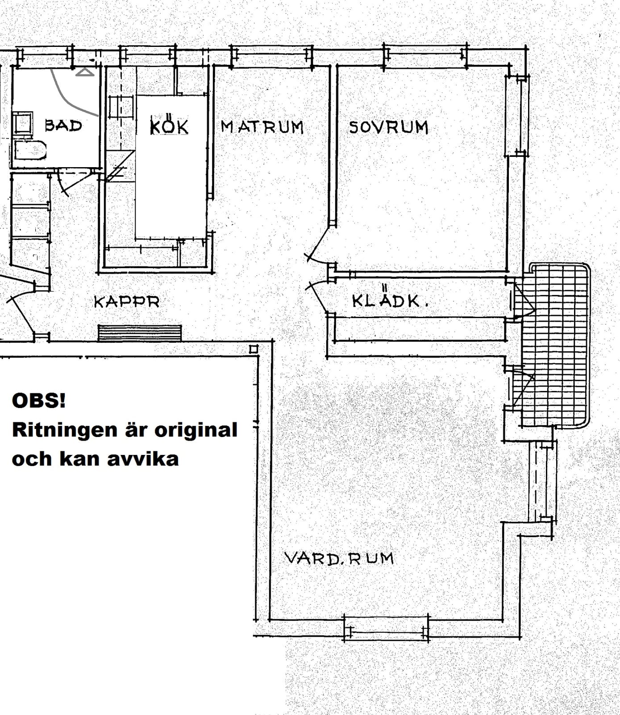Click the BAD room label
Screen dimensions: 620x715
[63, 126]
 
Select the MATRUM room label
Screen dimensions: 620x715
[262, 127]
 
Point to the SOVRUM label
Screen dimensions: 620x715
[388, 127]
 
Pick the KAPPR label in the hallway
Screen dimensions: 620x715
[126, 302]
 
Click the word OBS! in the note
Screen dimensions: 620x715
[39, 400]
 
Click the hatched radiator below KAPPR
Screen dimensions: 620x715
[140, 333]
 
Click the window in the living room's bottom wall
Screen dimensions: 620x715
[387, 628]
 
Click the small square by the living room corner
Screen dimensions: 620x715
[254, 349]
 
